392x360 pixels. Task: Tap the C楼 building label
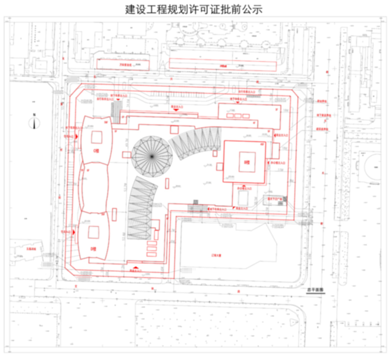click(x=96, y=150)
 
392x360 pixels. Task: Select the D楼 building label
click(x=93, y=248)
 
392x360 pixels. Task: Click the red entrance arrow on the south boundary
click(x=135, y=267)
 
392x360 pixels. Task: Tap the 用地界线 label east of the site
click(x=322, y=101)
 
